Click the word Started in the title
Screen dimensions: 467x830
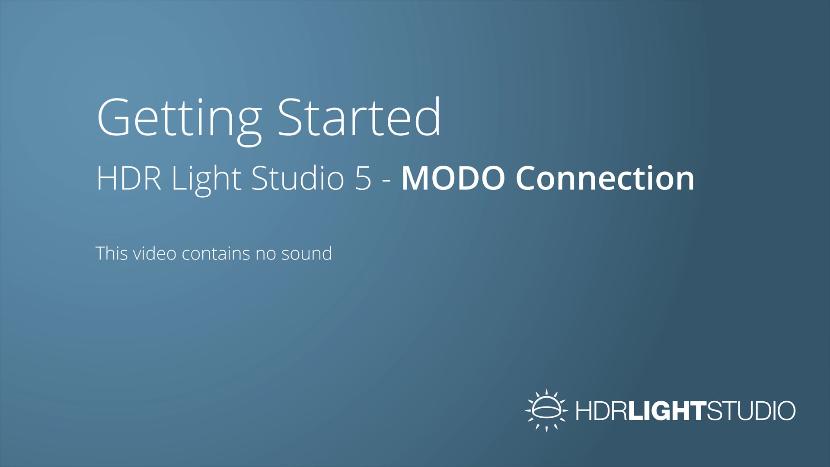point(359,118)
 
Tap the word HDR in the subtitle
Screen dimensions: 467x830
point(129,178)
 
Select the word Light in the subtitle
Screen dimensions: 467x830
point(206,178)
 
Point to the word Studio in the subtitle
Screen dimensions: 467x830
point(297,178)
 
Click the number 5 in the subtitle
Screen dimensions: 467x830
point(363,178)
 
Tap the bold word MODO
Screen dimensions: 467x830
point(453,178)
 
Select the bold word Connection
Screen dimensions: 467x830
point(605,178)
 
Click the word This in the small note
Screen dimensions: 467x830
point(112,253)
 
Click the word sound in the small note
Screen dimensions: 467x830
point(306,253)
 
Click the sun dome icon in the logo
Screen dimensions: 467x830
point(546,410)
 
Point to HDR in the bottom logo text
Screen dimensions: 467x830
point(601,411)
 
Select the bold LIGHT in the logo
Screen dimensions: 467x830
point(667,411)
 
